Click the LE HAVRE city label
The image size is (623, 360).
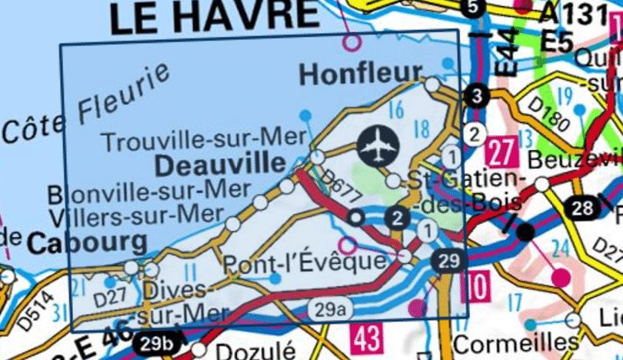click(x=213, y=17)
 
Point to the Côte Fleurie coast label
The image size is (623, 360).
click(x=86, y=108)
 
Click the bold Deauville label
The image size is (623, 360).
click(x=219, y=164)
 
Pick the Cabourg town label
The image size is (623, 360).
click(x=87, y=244)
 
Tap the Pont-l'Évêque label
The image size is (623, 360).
click(x=304, y=263)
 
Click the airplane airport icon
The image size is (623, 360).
click(x=380, y=145)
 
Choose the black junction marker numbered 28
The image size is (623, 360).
click(x=582, y=207)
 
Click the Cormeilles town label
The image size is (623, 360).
click(x=528, y=341)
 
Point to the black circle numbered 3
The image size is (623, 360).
click(x=477, y=96)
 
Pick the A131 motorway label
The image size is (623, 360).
click(x=571, y=13)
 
